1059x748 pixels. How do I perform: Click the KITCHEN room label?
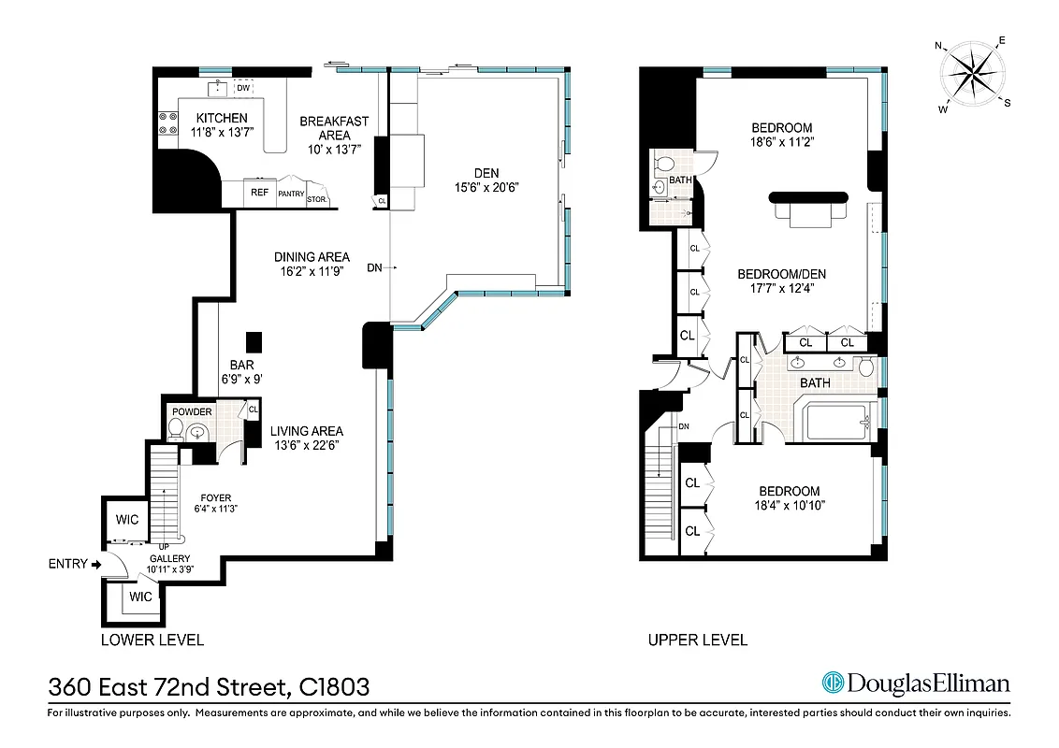pyautogui.click(x=221, y=118)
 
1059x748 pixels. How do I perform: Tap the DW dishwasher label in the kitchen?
pyautogui.click(x=243, y=89)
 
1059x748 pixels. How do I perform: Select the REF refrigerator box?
pyautogui.click(x=259, y=193)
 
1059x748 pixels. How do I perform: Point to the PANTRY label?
pyautogui.click(x=291, y=194)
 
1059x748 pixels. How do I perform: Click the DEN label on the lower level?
pyautogui.click(x=486, y=173)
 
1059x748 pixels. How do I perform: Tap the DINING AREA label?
pyautogui.click(x=312, y=257)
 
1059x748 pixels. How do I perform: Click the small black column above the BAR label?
pyautogui.click(x=253, y=340)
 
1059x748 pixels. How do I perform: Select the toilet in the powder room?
pyautogui.click(x=175, y=430)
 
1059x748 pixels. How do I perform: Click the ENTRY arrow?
pyautogui.click(x=96, y=564)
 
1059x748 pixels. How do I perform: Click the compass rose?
pyautogui.click(x=973, y=73)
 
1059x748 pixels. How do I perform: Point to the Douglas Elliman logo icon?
pyautogui.click(x=833, y=683)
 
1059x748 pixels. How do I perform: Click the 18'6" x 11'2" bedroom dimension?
pyautogui.click(x=782, y=143)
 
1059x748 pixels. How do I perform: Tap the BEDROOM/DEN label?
pyautogui.click(x=782, y=274)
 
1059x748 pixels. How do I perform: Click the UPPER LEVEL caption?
pyautogui.click(x=698, y=640)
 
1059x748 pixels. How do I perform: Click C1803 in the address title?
pyautogui.click(x=334, y=687)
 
